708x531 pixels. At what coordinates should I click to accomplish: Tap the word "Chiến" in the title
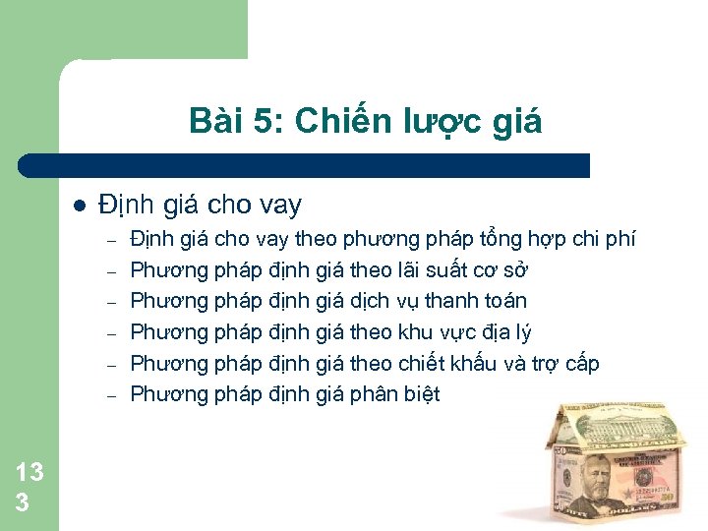click(317, 121)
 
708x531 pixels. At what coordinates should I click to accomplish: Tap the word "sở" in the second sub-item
click(524, 270)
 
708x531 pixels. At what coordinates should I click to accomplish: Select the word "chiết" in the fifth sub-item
click(426, 364)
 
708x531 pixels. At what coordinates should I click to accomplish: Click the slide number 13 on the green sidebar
click(29, 472)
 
